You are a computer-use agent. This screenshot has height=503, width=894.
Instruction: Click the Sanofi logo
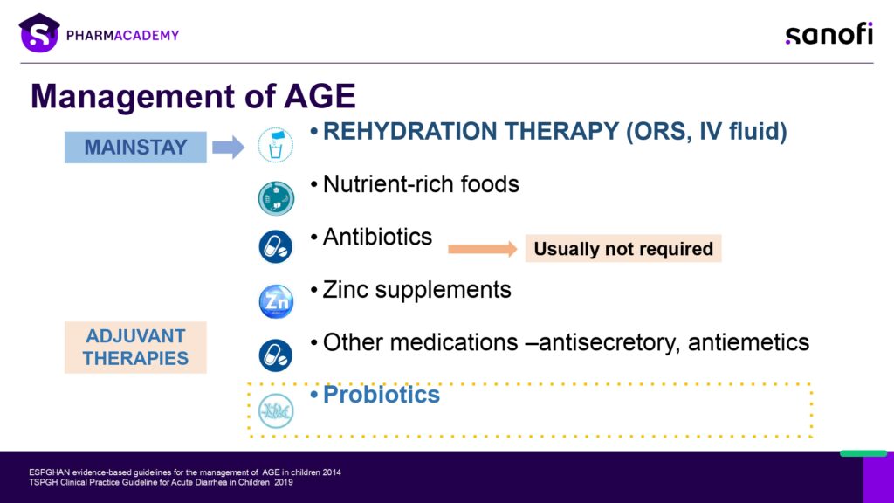pos(829,34)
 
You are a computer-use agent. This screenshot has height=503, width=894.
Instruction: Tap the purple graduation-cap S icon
pos(39,33)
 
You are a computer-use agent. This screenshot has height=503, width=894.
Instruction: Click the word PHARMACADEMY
pos(122,35)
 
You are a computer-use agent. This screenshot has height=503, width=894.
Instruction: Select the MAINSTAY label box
pos(135,147)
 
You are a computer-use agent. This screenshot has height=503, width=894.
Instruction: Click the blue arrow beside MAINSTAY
pos(228,147)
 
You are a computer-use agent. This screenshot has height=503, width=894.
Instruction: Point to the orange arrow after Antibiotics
pos(482,249)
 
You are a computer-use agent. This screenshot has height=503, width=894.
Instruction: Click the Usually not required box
pos(623,249)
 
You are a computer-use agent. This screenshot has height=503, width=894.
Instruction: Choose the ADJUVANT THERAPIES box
pos(135,348)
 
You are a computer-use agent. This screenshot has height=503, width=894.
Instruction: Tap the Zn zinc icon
pos(276,301)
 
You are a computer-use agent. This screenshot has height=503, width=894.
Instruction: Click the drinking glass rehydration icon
pos(275,145)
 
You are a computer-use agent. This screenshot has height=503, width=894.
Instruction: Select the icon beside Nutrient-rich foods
pos(276,198)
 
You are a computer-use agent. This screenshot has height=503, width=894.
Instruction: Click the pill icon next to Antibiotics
pos(276,247)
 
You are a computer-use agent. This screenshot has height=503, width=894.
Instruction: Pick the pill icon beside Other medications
pos(276,355)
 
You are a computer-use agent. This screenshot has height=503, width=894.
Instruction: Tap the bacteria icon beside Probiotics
pos(276,410)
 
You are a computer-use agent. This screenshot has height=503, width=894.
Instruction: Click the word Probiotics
pos(382,395)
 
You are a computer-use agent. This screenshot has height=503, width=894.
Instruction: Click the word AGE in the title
pos(320,96)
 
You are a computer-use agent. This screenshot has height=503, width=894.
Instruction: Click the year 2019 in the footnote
pos(284,482)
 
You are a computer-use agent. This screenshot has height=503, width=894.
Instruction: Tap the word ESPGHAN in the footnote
pos(50,472)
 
